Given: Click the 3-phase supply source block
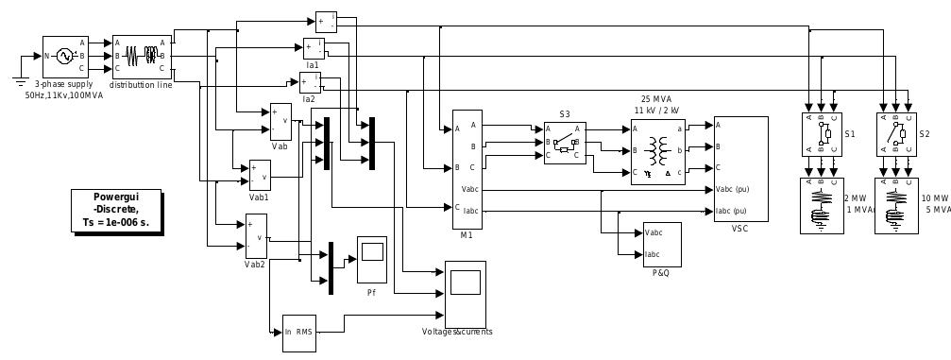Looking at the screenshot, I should point(65,57).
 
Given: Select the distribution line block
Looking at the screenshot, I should point(142,57).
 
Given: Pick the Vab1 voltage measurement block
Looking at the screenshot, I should point(260,175).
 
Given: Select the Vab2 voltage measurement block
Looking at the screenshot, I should point(256,236).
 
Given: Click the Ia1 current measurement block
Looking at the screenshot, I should point(314,47).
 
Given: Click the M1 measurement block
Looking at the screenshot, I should point(473,168).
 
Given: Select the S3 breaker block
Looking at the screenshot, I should point(565,143).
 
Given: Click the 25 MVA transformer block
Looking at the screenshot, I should point(657,151).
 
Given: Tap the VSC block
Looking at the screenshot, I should point(740,169).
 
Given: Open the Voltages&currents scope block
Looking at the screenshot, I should point(465,292).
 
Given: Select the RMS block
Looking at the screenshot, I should point(299,332).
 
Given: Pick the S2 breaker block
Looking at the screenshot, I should point(896,134).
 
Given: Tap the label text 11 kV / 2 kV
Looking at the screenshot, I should point(659,111).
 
